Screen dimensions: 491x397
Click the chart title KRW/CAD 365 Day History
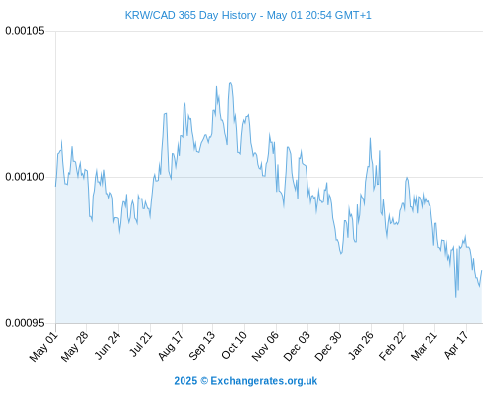[190, 15]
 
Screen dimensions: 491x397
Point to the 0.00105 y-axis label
[25, 31]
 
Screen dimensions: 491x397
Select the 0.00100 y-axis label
[25, 177]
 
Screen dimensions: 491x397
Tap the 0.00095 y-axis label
[25, 323]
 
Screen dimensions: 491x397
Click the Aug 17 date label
[171, 346]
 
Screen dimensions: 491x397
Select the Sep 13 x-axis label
[202, 346]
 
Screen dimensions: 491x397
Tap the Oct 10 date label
[234, 345]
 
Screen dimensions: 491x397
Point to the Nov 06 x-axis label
[265, 346]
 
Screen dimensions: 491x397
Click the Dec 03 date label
[298, 346]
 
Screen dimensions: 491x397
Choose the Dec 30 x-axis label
[328, 346]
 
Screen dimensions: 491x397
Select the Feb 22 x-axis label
[392, 346]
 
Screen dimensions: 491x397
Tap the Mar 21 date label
[425, 346]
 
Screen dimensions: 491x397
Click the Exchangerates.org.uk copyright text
[246, 381]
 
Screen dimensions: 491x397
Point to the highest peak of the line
[230, 83]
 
